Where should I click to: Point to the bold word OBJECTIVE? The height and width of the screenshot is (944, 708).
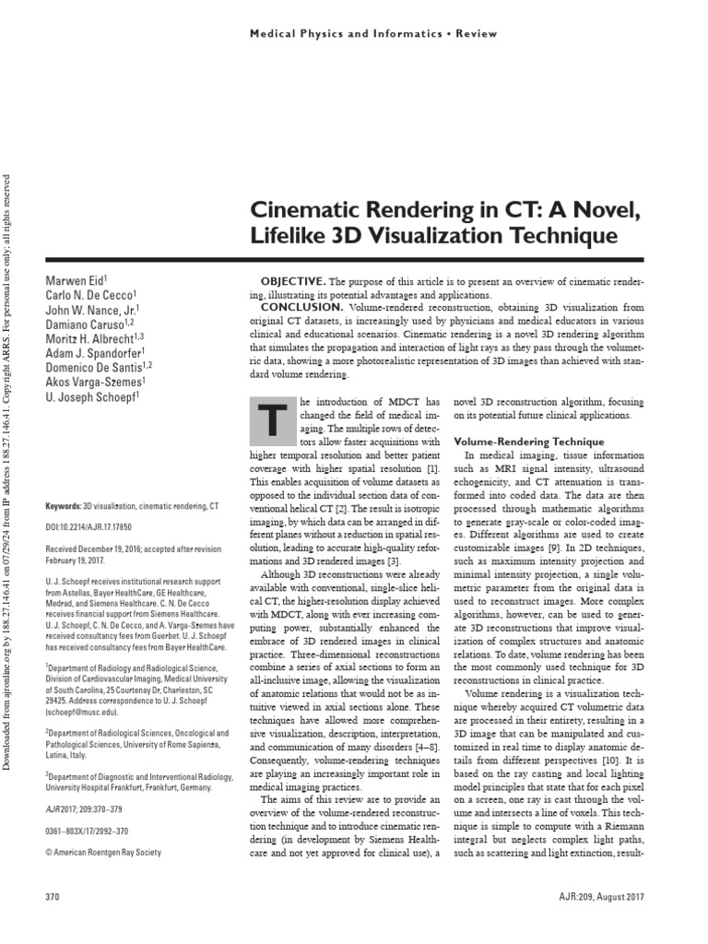tap(292, 280)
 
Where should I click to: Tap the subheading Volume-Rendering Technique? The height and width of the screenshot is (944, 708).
tap(523, 442)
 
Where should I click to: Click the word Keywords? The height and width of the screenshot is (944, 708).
tap(64, 507)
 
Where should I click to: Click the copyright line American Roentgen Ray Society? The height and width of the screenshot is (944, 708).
tap(106, 852)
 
